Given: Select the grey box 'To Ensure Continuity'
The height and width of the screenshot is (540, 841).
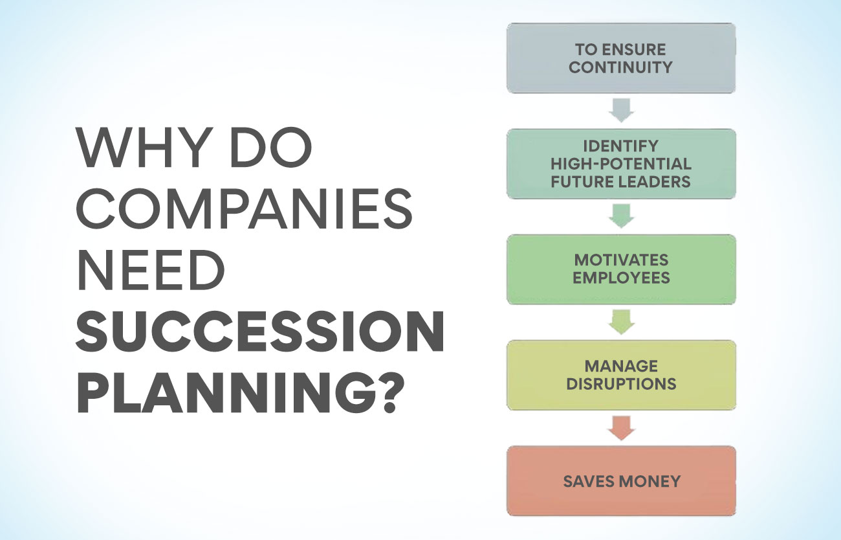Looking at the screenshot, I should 621,58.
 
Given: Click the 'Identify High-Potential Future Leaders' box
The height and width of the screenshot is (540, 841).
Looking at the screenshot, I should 621,164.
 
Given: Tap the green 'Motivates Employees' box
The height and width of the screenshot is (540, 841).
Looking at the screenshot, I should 621,269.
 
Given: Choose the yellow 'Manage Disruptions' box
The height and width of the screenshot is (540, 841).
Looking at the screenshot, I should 621,375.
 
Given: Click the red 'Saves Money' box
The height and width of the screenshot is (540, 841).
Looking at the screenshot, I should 621,480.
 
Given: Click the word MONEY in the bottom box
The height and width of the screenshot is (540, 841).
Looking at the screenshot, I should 648,481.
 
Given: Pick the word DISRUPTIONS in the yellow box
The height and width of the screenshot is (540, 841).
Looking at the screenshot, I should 621,383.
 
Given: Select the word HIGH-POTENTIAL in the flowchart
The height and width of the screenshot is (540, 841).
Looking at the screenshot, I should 621,164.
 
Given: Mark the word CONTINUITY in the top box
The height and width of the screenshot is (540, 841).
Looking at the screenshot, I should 621,67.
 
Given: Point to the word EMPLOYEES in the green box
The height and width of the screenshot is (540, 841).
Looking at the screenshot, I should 621,278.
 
